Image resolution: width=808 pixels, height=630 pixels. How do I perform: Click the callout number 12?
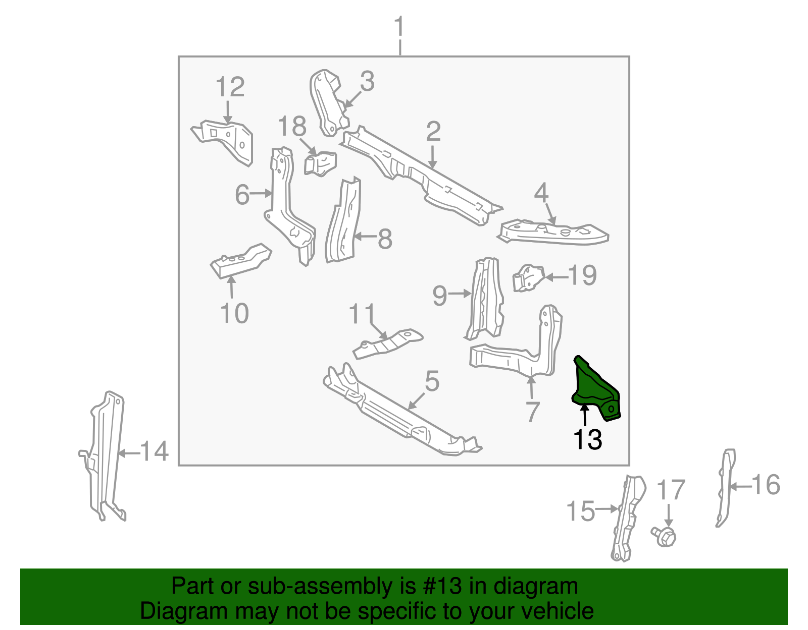point(230,87)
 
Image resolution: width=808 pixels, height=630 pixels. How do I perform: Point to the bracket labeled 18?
point(320,163)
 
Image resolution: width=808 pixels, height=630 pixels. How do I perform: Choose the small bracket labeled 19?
point(528,277)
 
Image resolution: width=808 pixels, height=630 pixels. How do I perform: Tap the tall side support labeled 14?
point(107,454)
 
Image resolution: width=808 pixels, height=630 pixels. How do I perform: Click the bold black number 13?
point(588,439)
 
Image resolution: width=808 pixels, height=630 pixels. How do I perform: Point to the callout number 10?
point(235,313)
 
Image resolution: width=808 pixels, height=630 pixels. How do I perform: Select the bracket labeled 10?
point(240,260)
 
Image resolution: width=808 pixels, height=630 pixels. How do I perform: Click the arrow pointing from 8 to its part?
point(365,236)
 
